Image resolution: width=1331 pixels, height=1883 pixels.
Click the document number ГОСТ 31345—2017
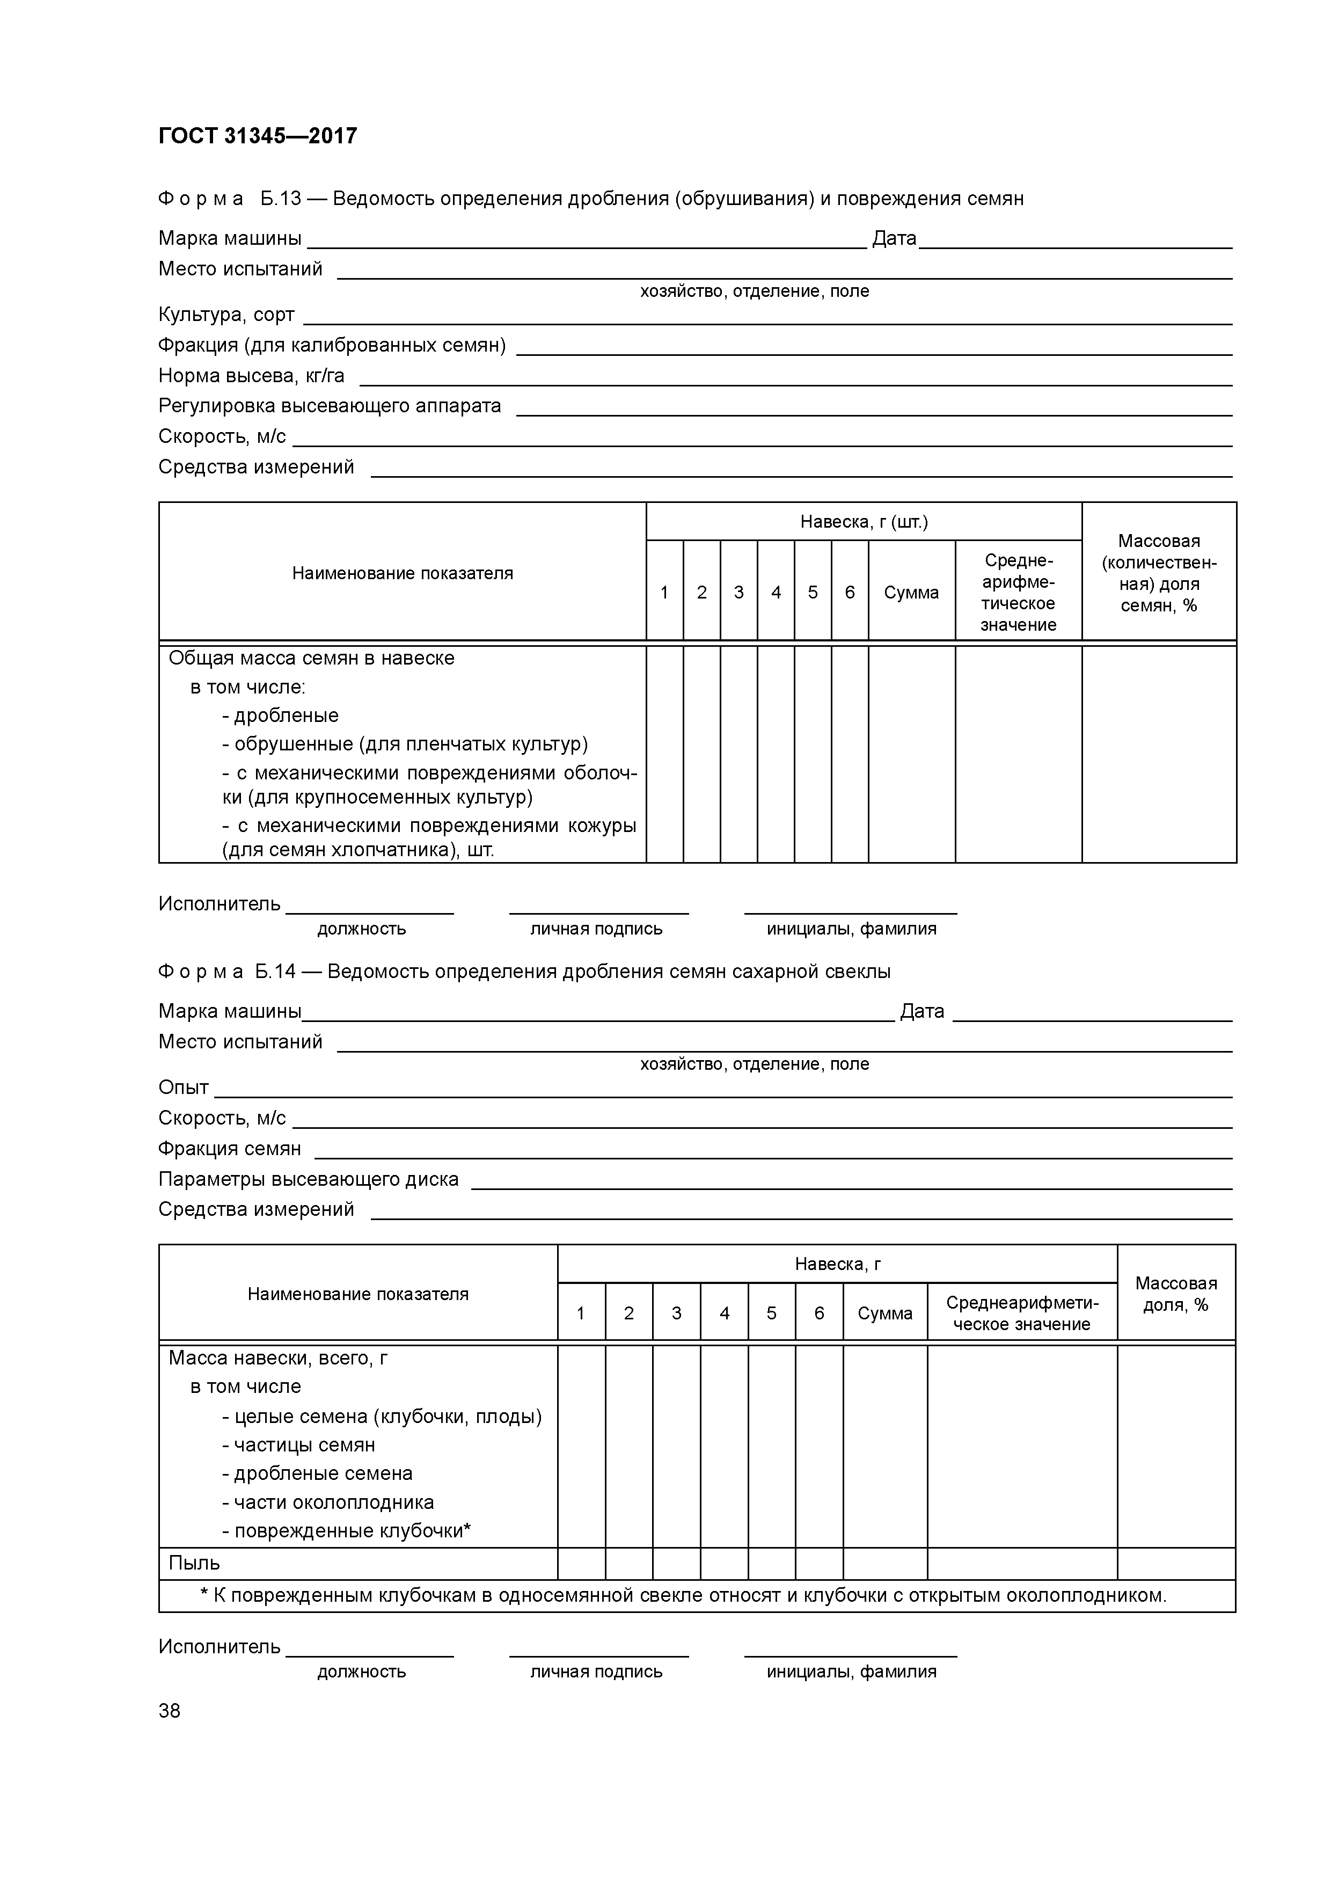pyautogui.click(x=258, y=135)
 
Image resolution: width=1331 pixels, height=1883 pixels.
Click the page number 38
pyautogui.click(x=170, y=1711)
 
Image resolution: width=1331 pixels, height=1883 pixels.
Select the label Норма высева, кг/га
pyautogui.click(x=251, y=376)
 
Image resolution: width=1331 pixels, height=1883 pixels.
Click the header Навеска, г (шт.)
pyautogui.click(x=864, y=522)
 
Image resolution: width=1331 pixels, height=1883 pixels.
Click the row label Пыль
pyautogui.click(x=194, y=1563)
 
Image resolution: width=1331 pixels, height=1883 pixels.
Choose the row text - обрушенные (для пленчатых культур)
pyautogui.click(x=404, y=744)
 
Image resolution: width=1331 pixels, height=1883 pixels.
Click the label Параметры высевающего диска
pyautogui.click(x=309, y=1179)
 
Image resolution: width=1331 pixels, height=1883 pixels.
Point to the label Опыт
pyautogui.click(x=183, y=1088)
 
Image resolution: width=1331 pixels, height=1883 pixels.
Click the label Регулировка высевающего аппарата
pyautogui.click(x=329, y=406)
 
